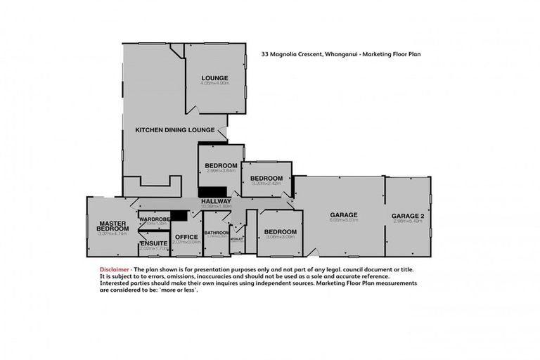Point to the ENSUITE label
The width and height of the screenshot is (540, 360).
(153, 243)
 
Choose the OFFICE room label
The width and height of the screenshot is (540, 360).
(186, 236)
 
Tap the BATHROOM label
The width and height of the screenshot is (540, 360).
(217, 232)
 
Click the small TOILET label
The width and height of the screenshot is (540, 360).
(237, 238)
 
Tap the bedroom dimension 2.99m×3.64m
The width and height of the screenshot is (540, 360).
(221, 171)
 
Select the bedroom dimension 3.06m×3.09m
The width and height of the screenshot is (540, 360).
(280, 238)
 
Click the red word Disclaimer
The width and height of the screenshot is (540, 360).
(114, 269)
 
